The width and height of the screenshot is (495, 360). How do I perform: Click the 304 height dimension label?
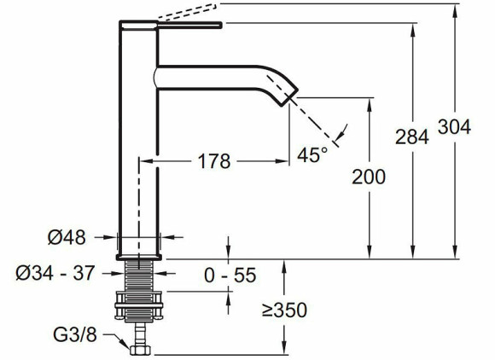tap(454, 127)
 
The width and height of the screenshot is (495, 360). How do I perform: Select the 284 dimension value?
tap(412, 137)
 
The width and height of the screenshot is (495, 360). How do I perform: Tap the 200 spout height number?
tap(369, 177)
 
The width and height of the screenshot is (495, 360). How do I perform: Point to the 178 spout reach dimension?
tap(214, 161)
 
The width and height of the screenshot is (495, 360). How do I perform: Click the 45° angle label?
tap(312, 154)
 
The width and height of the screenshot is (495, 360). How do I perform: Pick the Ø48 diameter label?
tap(67, 237)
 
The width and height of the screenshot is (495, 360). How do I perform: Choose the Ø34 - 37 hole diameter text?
tap(55, 273)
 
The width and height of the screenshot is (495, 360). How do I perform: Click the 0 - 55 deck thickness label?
tap(230, 276)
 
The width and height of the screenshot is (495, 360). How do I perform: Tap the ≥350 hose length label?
tap(284, 311)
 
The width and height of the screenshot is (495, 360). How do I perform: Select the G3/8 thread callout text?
tap(75, 334)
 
